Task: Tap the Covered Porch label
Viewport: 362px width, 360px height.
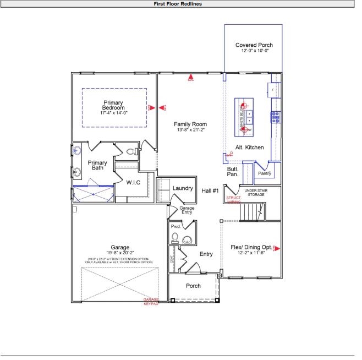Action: pos(254,45)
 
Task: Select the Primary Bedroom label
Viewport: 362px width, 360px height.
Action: pos(114,105)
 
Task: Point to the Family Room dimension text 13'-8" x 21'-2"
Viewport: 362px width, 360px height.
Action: pos(190,130)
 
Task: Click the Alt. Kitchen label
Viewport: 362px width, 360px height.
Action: pos(249,148)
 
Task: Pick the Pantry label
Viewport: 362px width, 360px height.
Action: pos(265,173)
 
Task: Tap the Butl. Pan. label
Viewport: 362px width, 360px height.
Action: pos(233,172)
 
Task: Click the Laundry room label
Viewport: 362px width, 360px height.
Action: pos(183,188)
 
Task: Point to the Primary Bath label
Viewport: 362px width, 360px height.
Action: pos(97,165)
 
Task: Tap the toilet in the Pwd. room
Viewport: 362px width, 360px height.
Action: pos(175,237)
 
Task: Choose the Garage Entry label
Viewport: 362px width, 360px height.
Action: pos(187,210)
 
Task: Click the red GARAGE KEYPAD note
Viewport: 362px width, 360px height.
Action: pos(150,302)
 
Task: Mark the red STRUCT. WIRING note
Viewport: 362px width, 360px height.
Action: pos(234,200)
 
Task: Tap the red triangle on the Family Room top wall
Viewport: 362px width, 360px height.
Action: pos(190,78)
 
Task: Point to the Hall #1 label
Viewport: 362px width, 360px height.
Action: pos(211,191)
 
